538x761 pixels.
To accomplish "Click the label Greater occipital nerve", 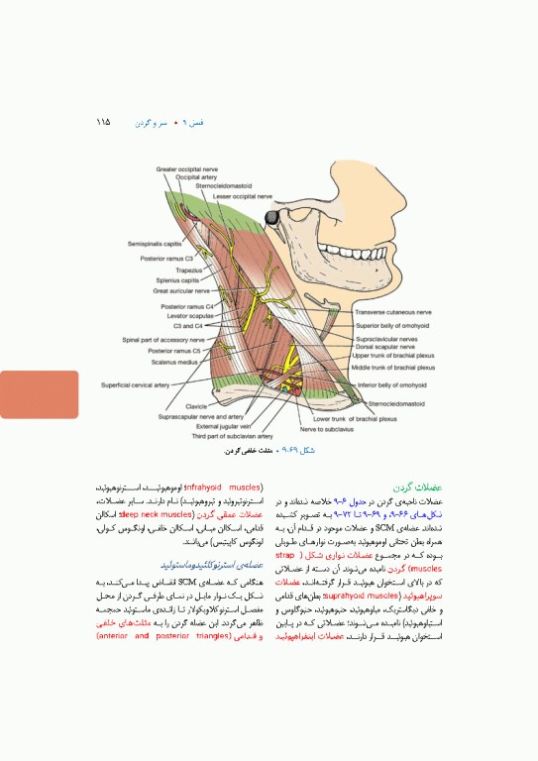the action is pos(188,170).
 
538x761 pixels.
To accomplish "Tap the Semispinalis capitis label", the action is pos(155,243).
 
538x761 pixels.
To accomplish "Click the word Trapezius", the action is pos(189,270).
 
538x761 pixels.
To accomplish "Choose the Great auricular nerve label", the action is pos(181,291).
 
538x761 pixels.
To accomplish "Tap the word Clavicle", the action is pos(196,406).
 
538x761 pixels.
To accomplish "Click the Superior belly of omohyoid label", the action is pos(392,325).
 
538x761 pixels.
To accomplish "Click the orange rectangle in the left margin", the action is pos(39,393).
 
